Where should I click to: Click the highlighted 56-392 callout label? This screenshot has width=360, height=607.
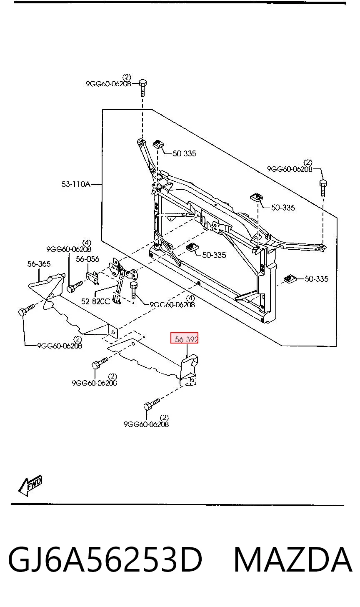click(184, 339)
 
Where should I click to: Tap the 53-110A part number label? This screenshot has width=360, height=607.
click(76, 184)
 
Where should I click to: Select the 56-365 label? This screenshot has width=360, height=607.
click(39, 263)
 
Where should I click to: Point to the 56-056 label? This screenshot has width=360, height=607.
click(87, 259)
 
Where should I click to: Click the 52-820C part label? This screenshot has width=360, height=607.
click(95, 301)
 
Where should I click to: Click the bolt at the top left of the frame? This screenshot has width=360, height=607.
click(143, 88)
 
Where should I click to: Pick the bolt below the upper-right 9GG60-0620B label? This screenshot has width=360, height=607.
click(323, 188)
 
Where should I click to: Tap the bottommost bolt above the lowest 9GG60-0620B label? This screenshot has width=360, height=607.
click(152, 404)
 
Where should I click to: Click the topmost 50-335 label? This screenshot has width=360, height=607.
click(184, 154)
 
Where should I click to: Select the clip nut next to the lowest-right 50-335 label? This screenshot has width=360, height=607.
click(289, 278)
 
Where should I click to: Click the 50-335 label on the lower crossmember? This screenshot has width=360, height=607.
click(214, 255)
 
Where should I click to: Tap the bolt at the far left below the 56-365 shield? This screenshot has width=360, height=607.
click(26, 310)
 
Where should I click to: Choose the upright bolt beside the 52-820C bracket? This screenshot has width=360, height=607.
click(133, 290)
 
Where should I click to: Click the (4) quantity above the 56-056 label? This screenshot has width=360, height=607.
click(87, 242)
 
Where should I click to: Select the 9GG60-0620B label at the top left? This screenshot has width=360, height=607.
click(108, 84)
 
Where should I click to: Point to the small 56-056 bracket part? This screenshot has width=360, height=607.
click(92, 277)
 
